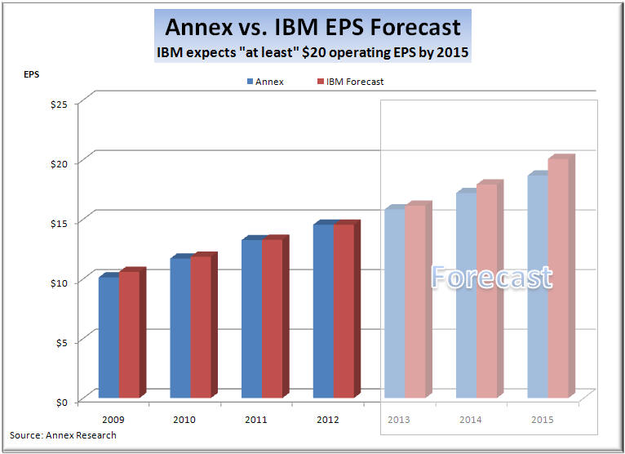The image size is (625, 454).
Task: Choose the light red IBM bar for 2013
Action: pyautogui.click(x=415, y=301)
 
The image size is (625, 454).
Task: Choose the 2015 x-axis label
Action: pyautogui.click(x=543, y=420)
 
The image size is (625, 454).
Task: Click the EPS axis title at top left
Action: pyautogui.click(x=30, y=74)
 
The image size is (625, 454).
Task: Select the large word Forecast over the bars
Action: pyautogui.click(x=491, y=278)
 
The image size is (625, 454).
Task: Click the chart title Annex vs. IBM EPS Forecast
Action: pyautogui.click(x=312, y=26)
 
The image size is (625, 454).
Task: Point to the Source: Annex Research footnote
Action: pyautogui.click(x=63, y=435)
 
